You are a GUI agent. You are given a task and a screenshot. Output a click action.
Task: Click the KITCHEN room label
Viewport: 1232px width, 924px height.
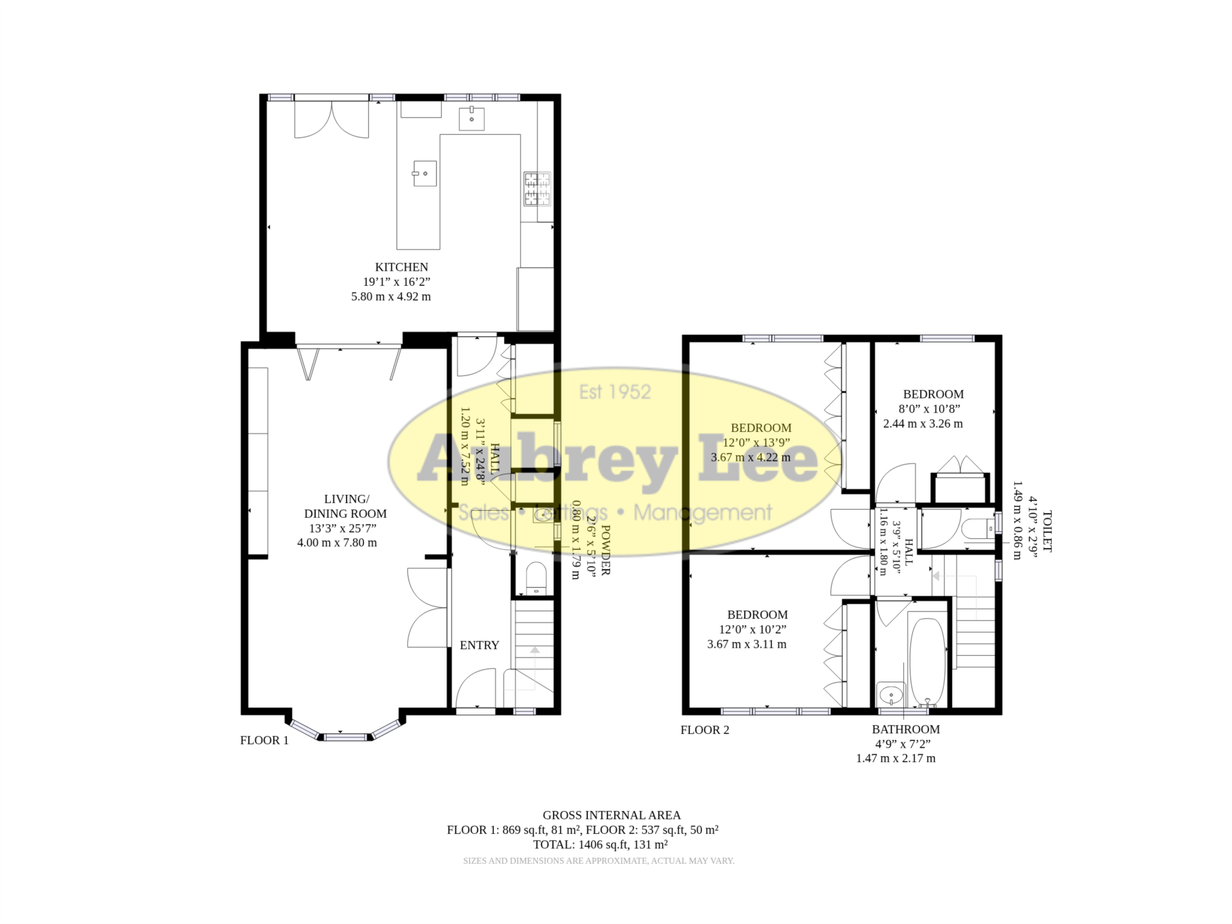(401, 267)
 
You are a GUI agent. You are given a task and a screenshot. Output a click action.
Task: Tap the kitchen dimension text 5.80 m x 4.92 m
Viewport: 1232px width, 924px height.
(391, 297)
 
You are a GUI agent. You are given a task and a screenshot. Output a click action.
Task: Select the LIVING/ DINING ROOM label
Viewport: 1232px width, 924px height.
(345, 507)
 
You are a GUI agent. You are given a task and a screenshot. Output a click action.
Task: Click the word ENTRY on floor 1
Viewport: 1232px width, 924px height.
(479, 645)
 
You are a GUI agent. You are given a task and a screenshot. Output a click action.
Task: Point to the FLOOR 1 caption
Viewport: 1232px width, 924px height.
(264, 741)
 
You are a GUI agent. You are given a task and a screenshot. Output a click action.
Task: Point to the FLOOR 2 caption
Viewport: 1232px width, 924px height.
(704, 730)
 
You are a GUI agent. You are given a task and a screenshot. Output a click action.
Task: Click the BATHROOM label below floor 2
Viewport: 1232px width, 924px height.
(905, 730)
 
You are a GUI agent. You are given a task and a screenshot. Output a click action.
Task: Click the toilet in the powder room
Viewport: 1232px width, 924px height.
(535, 579)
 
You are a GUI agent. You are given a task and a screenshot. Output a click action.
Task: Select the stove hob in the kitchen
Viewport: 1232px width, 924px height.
(537, 189)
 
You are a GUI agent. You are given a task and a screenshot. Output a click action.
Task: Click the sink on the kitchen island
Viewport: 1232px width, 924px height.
(424, 174)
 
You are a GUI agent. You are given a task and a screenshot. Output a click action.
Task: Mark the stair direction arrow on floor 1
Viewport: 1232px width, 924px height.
(534, 649)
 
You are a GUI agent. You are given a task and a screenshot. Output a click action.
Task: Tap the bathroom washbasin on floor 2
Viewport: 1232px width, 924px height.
(890, 695)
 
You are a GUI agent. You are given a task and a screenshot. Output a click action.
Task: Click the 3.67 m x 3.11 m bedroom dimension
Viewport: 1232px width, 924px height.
(747, 644)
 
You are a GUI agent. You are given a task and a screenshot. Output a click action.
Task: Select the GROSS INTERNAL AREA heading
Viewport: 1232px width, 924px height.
(611, 816)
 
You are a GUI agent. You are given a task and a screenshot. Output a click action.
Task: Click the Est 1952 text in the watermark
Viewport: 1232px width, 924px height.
(615, 392)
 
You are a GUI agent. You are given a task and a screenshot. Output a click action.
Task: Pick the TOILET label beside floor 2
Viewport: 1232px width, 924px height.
(1047, 532)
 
